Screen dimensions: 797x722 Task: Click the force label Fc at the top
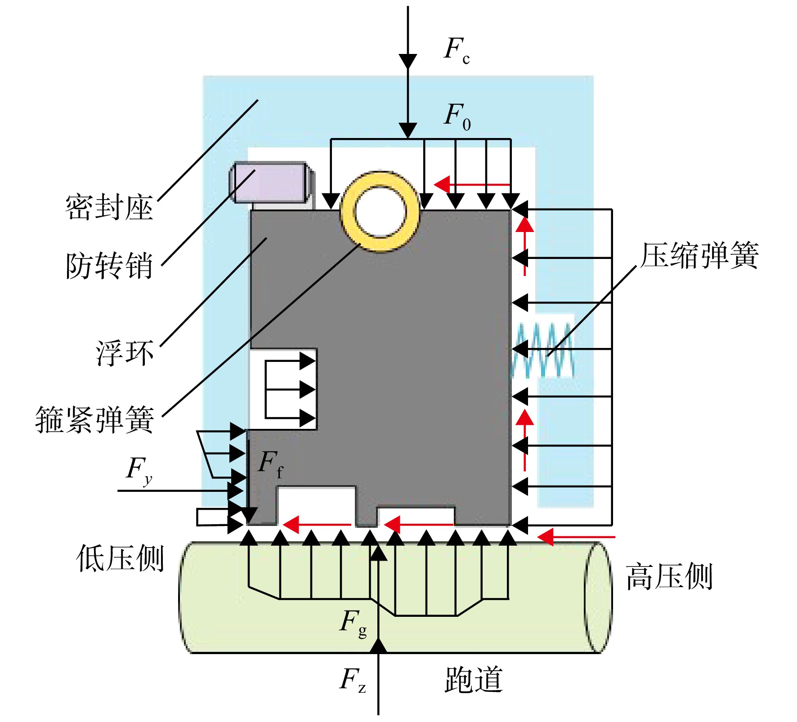pos(457,50)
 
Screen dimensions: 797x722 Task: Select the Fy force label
pos(139,470)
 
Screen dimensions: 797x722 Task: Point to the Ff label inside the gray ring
pos(271,464)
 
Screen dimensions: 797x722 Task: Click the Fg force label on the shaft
pos(354,623)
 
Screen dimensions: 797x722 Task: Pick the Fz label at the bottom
pos(353,679)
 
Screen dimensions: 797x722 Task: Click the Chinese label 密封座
pos(109,208)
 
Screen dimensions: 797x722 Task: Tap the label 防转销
pos(109,265)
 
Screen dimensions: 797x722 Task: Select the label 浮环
pos(125,353)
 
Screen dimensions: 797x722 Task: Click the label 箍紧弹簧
pos(95,419)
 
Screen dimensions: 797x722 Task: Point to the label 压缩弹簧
pos(700,255)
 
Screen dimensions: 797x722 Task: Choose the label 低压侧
pos(120,558)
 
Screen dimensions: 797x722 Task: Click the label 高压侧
pos(669,576)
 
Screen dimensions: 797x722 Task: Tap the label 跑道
pos(474,679)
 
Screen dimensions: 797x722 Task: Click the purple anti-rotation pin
pos(272,182)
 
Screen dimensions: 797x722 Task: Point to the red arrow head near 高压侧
pos(546,537)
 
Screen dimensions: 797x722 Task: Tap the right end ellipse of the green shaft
pos(598,597)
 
